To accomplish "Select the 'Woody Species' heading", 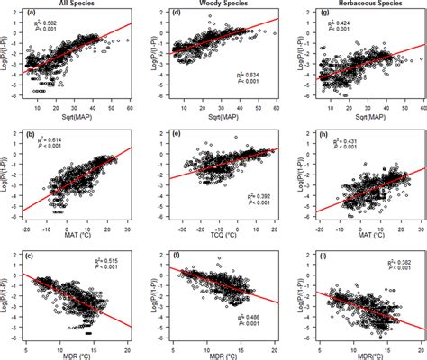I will (x=221, y=4).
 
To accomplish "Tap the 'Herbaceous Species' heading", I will (x=359, y=4).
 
